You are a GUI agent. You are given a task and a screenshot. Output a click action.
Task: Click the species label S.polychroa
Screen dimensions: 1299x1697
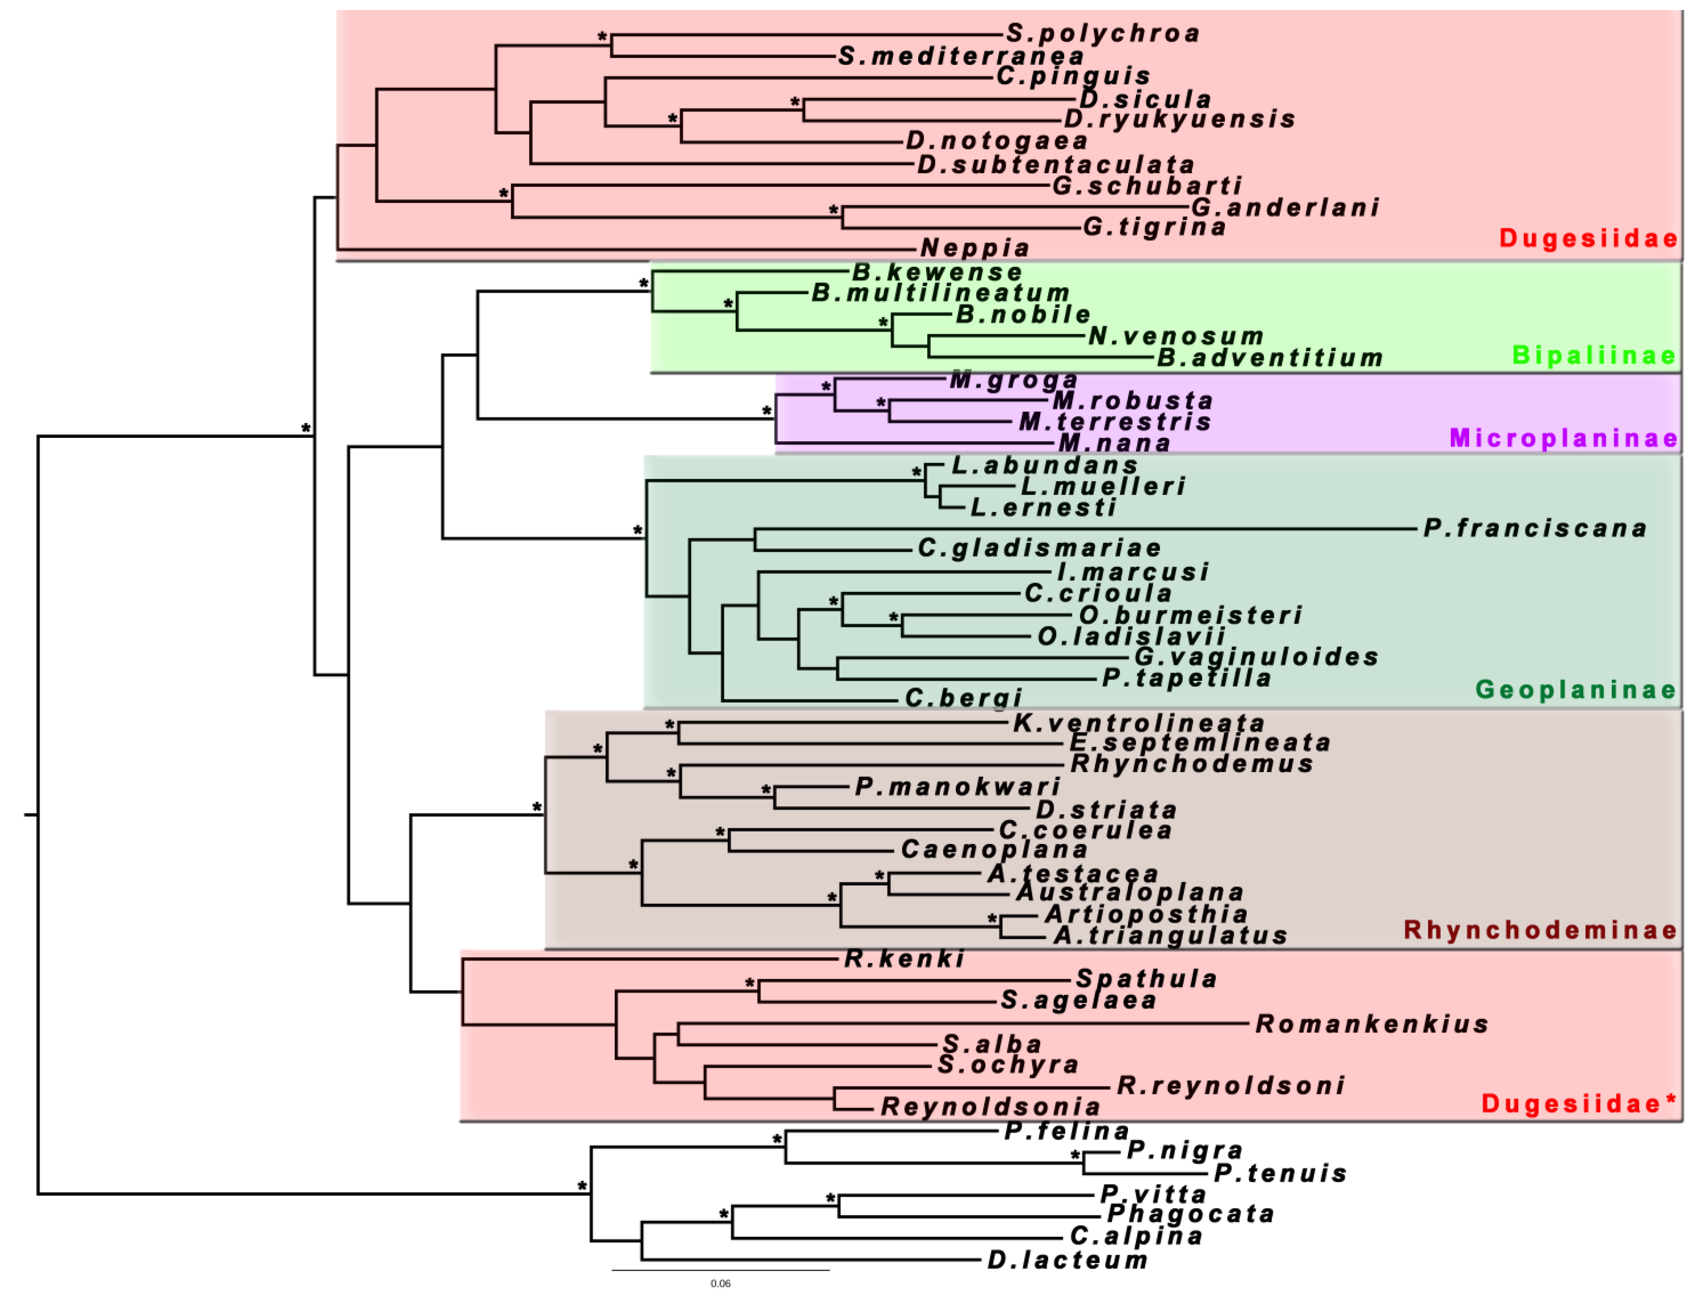coord(1103,33)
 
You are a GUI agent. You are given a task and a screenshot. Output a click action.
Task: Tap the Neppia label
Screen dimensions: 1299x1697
coord(975,248)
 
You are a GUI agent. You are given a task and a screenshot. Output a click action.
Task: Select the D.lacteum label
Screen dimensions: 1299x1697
coord(1068,1261)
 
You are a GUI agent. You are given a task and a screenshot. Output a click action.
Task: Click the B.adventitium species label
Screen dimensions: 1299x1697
coord(1270,358)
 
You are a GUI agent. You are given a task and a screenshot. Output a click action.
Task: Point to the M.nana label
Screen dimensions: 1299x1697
coord(1113,443)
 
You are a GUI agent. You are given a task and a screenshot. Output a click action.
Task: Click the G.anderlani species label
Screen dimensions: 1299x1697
coord(1285,207)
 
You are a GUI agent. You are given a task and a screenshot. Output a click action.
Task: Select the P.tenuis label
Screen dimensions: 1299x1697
coord(1281,1173)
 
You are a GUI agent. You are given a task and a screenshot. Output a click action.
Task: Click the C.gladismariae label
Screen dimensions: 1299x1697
coord(1039,548)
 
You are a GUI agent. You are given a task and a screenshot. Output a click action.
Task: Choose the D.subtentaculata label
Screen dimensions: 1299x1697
coord(1056,165)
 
